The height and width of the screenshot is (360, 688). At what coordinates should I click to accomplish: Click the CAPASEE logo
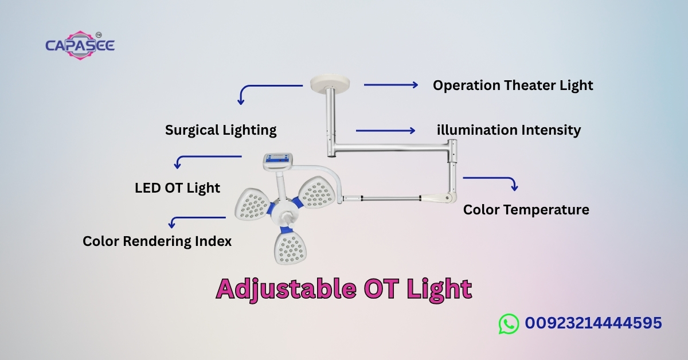pyautogui.click(x=80, y=44)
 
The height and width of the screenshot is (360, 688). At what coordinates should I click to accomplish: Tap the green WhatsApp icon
pyautogui.click(x=509, y=323)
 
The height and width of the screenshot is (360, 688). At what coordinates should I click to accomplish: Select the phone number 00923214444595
pyautogui.click(x=593, y=323)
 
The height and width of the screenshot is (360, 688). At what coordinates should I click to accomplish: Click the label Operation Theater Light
pyautogui.click(x=513, y=85)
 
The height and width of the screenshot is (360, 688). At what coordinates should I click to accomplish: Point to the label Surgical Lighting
pyautogui.click(x=221, y=130)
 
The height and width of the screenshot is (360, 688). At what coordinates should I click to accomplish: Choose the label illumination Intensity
pyautogui.click(x=509, y=130)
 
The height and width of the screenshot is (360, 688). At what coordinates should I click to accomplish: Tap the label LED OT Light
pyautogui.click(x=177, y=188)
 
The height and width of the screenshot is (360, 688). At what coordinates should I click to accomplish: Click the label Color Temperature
pyautogui.click(x=526, y=210)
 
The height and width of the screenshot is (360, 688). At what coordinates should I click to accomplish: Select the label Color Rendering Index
pyautogui.click(x=157, y=241)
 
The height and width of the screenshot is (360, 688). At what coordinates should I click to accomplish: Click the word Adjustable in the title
pyautogui.click(x=277, y=289)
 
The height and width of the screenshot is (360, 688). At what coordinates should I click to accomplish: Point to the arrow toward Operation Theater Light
pyautogui.click(x=391, y=85)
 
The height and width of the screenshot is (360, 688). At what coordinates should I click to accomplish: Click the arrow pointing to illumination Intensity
pyautogui.click(x=385, y=131)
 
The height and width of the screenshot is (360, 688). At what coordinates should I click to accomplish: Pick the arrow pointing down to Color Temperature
pyautogui.click(x=493, y=182)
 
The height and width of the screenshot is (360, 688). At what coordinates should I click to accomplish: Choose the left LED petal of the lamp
pyautogui.click(x=253, y=204)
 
